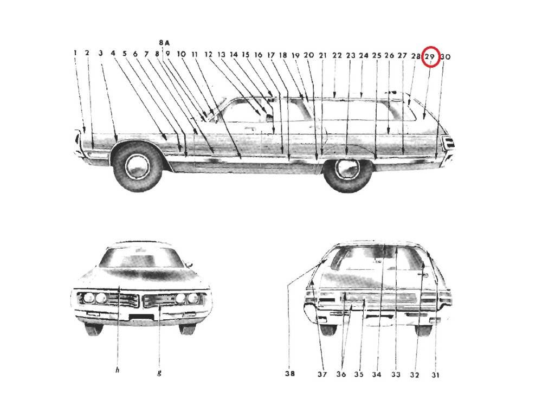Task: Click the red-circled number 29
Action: (429, 56)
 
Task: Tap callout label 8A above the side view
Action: (164, 43)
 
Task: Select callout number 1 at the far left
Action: (75, 53)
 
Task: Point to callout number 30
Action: (446, 56)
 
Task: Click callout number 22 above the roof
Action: (337, 55)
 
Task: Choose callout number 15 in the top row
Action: (246, 55)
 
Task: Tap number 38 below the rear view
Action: (290, 373)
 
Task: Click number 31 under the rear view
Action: (435, 375)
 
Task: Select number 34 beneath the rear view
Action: (377, 375)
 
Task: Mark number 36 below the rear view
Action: (341, 374)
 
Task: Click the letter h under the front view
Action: (118, 370)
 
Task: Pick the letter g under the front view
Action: (159, 372)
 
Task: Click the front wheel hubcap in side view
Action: (138, 166)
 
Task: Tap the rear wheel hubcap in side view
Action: (347, 170)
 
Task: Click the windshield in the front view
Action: (140, 257)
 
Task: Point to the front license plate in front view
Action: (141, 317)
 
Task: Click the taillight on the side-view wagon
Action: (448, 143)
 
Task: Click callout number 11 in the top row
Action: (195, 54)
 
